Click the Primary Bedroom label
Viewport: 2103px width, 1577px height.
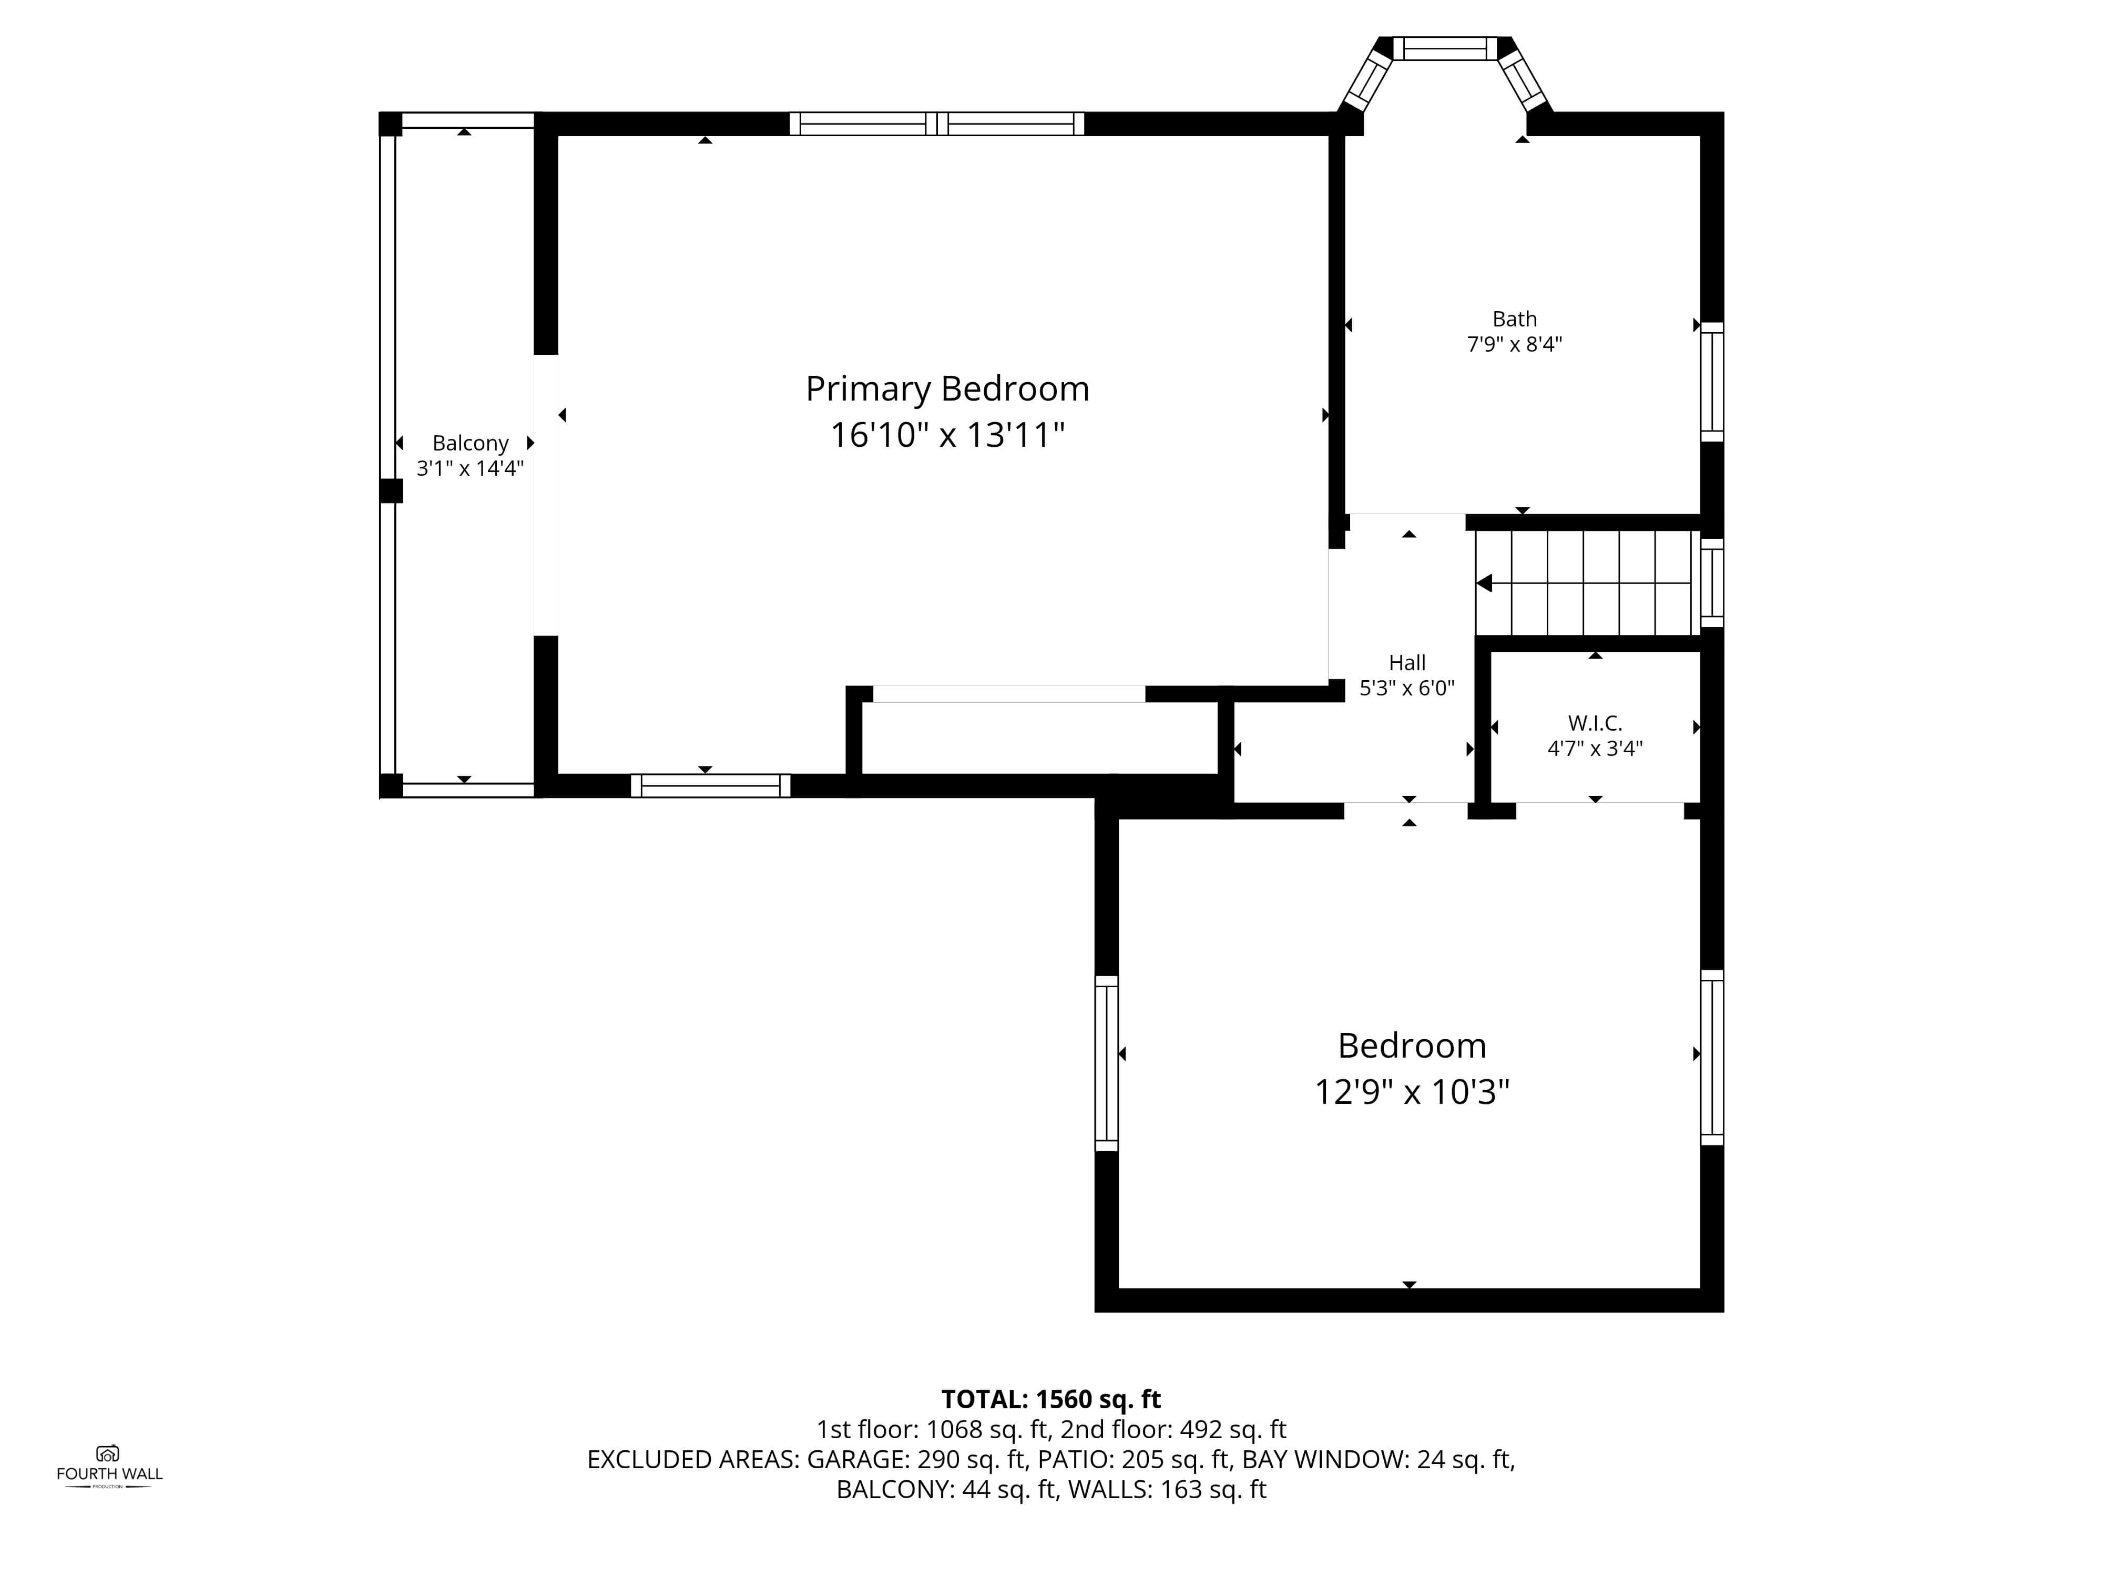click(947, 390)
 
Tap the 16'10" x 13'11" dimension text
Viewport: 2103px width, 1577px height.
click(947, 435)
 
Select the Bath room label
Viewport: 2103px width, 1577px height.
click(1515, 320)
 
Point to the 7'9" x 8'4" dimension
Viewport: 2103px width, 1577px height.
click(1515, 344)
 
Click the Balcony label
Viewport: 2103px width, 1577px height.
click(471, 444)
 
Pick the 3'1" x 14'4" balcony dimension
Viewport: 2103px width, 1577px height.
click(471, 468)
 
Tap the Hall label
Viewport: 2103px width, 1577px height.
click(1407, 662)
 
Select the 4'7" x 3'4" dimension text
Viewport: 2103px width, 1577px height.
click(1595, 748)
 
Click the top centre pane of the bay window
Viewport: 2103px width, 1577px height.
click(1445, 48)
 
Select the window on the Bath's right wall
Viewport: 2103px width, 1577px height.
click(1711, 382)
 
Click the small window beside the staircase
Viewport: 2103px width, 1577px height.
click(1711, 582)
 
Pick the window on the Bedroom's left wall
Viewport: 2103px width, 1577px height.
click(1107, 1063)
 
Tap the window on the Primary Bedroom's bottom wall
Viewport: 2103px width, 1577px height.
click(710, 786)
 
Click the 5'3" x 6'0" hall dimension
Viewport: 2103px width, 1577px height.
click(1407, 688)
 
